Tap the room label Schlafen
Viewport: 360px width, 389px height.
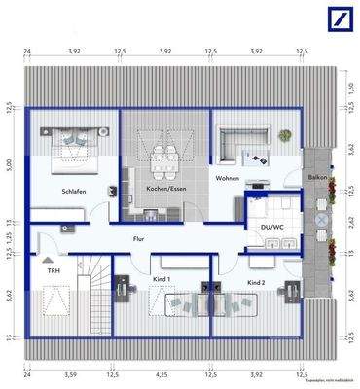pyautogui.click(x=73, y=192)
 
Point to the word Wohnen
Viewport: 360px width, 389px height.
pyautogui.click(x=228, y=179)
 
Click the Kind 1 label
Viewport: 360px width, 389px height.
pyautogui.click(x=162, y=280)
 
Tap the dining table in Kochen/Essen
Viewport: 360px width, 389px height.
pyautogui.click(x=163, y=148)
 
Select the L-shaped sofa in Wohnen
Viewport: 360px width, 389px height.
pyautogui.click(x=234, y=141)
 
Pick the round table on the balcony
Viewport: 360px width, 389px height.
pyautogui.click(x=319, y=221)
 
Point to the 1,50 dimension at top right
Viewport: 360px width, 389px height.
pyautogui.click(x=352, y=88)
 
